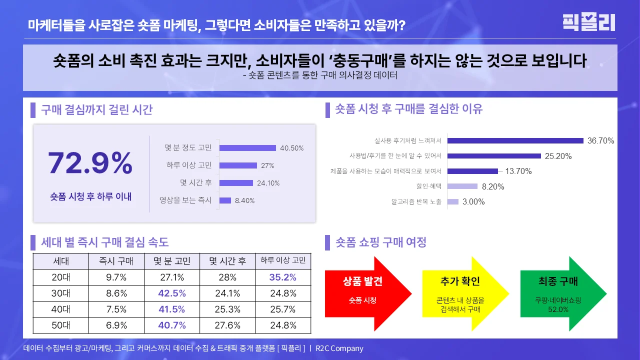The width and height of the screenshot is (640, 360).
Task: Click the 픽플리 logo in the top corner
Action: tap(588, 22)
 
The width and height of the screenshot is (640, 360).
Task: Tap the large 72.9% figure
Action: tap(90, 163)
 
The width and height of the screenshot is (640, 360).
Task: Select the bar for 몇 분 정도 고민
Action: tap(247, 148)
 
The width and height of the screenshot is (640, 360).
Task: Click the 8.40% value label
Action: tap(244, 200)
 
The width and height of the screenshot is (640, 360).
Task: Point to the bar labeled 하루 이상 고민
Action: tap(238, 165)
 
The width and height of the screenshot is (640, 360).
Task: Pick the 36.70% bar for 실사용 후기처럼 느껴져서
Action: tap(515, 140)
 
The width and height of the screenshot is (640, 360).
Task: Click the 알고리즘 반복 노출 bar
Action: tap(453, 202)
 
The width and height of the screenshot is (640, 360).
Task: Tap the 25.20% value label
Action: tap(558, 156)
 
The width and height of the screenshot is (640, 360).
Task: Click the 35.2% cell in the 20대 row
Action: tap(283, 277)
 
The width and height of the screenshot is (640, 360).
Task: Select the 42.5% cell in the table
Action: tap(171, 293)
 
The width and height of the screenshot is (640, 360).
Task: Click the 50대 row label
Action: tap(61, 325)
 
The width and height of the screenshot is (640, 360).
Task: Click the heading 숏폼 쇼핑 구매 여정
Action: tap(381, 242)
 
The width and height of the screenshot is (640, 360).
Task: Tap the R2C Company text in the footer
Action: tap(339, 348)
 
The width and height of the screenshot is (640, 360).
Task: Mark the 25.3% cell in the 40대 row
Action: tap(227, 309)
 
